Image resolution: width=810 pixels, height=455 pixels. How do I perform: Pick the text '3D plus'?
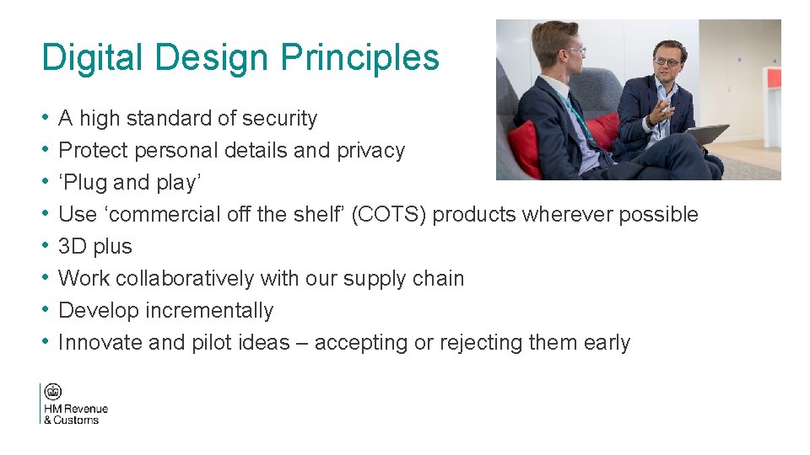tap(95, 247)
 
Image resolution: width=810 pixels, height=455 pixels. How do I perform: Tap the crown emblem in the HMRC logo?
tap(53, 393)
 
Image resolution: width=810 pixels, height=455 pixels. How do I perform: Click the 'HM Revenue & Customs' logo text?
tap(75, 415)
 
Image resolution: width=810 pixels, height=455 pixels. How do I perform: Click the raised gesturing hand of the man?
tap(666, 110)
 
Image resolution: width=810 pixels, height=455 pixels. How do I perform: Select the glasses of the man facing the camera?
tap(666, 62)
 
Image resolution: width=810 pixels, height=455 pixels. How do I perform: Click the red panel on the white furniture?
tap(773, 78)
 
